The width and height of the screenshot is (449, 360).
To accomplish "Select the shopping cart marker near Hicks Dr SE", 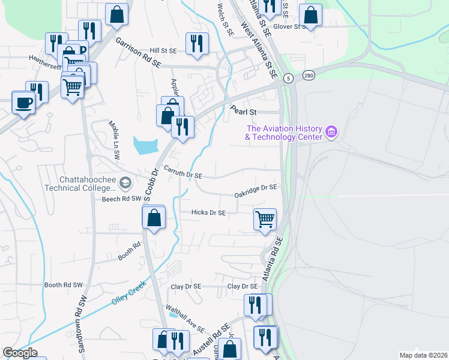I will [x=265, y=219].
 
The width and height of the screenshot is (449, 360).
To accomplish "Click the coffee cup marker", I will [x=23, y=103].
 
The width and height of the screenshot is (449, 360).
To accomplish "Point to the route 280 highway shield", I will [x=309, y=75].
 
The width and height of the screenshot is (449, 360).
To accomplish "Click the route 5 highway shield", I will [x=289, y=78].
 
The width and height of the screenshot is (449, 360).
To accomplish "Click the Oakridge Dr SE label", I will [x=256, y=191].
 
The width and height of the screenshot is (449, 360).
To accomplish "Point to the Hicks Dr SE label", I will [x=208, y=212].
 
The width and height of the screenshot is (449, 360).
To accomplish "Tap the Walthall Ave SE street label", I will [x=185, y=322].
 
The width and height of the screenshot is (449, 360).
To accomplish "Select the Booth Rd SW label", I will [x=63, y=285].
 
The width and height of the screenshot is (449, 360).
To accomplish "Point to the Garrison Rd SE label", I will [x=139, y=52].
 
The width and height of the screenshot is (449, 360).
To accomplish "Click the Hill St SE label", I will [x=163, y=51].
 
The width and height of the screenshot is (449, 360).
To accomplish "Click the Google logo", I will [x=20, y=353].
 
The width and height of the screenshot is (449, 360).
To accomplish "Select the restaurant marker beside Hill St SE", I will [x=197, y=44].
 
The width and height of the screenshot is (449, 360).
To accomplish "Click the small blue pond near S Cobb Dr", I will [x=146, y=145].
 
